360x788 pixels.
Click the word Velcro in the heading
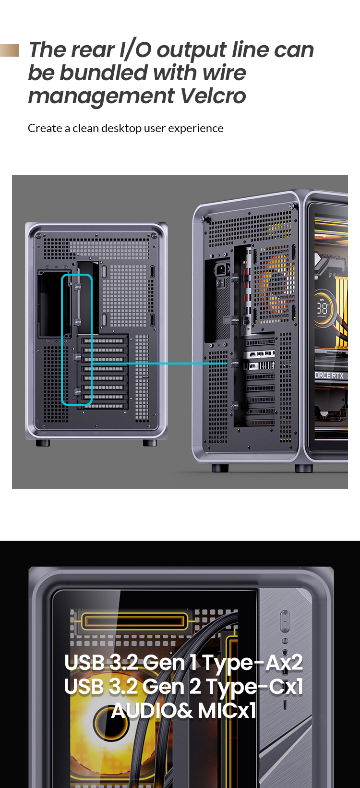coord(213,96)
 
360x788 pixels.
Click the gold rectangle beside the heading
coord(9,50)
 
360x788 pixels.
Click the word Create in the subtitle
coord(45,128)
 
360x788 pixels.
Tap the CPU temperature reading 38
coord(323,308)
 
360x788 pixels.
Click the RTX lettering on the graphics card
coord(337,376)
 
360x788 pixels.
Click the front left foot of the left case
coord(43,443)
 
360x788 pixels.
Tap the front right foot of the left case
coord(150,443)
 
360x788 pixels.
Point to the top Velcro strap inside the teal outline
coord(77,287)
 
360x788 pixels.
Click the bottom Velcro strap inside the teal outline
coord(77,391)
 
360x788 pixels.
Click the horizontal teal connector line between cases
coord(159,364)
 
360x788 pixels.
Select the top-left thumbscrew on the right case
coord(203,219)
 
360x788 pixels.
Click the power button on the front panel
coord(285,621)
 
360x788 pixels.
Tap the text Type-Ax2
coord(252,663)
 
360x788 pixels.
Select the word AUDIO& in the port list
coord(152,711)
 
